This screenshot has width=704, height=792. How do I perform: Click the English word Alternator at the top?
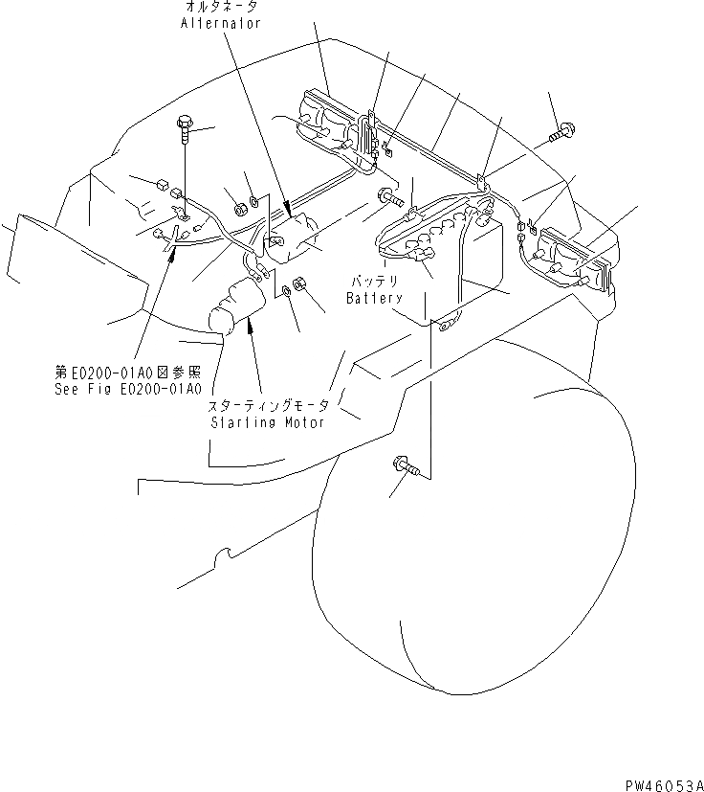[220, 24]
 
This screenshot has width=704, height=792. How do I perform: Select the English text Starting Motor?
[267, 422]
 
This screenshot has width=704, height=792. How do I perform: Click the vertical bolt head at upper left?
[184, 124]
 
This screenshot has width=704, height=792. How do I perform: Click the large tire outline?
[478, 536]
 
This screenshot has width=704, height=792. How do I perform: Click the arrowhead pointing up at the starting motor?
[251, 327]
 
